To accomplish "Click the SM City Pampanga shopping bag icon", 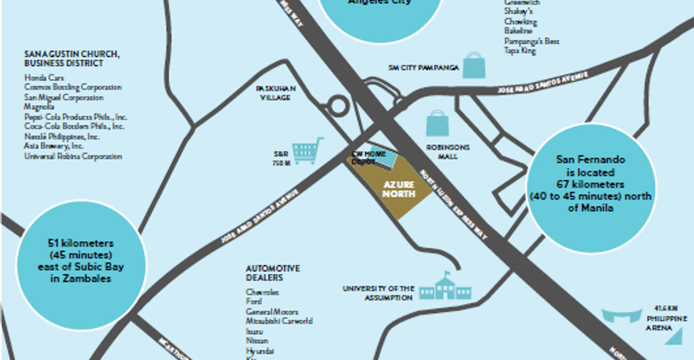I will click(x=474, y=65).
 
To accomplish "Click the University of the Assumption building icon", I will click(x=445, y=287).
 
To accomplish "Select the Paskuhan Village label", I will click(x=276, y=93).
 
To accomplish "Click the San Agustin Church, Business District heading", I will click(x=71, y=58).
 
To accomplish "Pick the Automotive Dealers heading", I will click(x=273, y=273).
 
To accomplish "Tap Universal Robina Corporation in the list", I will click(x=73, y=156).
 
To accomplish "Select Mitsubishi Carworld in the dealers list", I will click(x=279, y=322).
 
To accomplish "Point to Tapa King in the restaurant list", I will click(x=520, y=51).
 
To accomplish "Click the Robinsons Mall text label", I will click(x=448, y=151).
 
